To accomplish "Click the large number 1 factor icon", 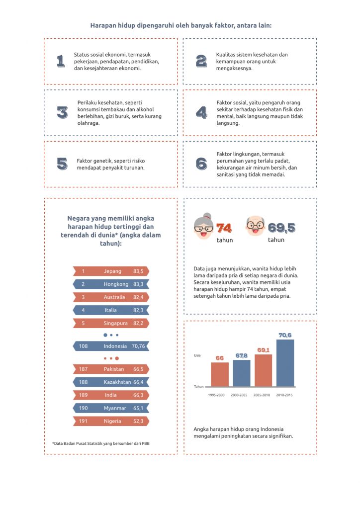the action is (61, 61).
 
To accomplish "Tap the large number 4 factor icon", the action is (201, 112).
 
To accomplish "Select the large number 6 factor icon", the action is (201, 164).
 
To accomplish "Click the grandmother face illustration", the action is (203, 226).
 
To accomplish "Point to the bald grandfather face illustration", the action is (255, 226).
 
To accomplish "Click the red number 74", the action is (224, 228).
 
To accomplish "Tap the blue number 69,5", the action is (281, 228).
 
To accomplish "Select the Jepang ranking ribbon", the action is (111, 271).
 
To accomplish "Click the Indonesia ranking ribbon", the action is (111, 346).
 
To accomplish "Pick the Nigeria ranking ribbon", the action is (111, 421).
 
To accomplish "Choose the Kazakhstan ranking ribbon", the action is (111, 382).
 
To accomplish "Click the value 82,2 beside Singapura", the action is (138, 323).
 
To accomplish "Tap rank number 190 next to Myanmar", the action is (83, 408).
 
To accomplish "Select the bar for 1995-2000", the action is (220, 374).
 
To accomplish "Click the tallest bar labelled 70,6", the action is (285, 363).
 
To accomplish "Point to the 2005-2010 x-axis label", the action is (262, 395).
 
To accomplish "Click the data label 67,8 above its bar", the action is (242, 356).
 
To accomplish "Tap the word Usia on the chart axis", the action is (197, 355).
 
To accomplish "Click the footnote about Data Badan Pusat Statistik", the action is (101, 443).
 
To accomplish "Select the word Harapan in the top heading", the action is (101, 25).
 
